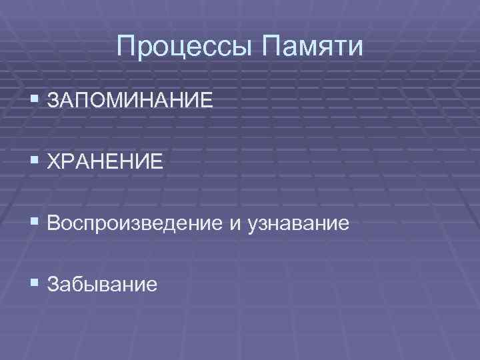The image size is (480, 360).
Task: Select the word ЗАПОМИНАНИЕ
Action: pyautogui.click(x=131, y=102)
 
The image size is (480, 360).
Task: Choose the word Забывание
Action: pyautogui.click(x=103, y=285)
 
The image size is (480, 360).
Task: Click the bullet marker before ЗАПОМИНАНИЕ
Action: pyautogui.click(x=35, y=101)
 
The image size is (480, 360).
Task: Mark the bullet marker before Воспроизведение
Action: pyautogui.click(x=35, y=223)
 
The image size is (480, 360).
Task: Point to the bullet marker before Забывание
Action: pyautogui.click(x=35, y=284)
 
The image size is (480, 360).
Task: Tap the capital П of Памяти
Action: pyautogui.click(x=272, y=47)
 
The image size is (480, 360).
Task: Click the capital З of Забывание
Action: pyautogui.click(x=54, y=285)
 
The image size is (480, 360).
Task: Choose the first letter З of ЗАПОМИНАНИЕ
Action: pyautogui.click(x=54, y=102)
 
